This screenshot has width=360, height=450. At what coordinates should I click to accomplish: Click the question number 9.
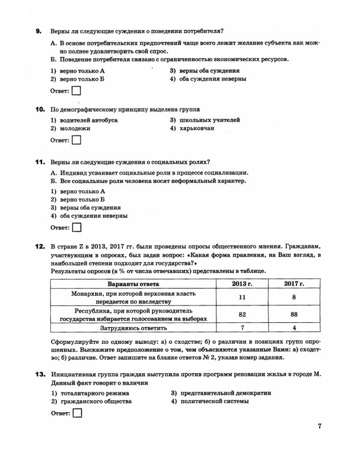coord(38,31)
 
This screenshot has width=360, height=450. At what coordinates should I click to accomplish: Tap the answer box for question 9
coord(76,92)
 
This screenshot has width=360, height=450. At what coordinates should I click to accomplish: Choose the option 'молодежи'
coord(74,128)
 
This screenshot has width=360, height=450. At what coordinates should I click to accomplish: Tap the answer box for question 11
coord(76,227)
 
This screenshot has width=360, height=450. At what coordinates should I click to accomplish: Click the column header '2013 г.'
coord(243,283)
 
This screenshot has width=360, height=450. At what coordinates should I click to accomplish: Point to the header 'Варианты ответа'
coord(133,283)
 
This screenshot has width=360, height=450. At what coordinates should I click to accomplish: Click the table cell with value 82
coord(243,314)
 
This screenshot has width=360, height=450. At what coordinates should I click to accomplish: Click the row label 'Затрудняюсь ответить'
coord(133,328)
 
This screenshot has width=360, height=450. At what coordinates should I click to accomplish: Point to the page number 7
coord(320,427)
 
